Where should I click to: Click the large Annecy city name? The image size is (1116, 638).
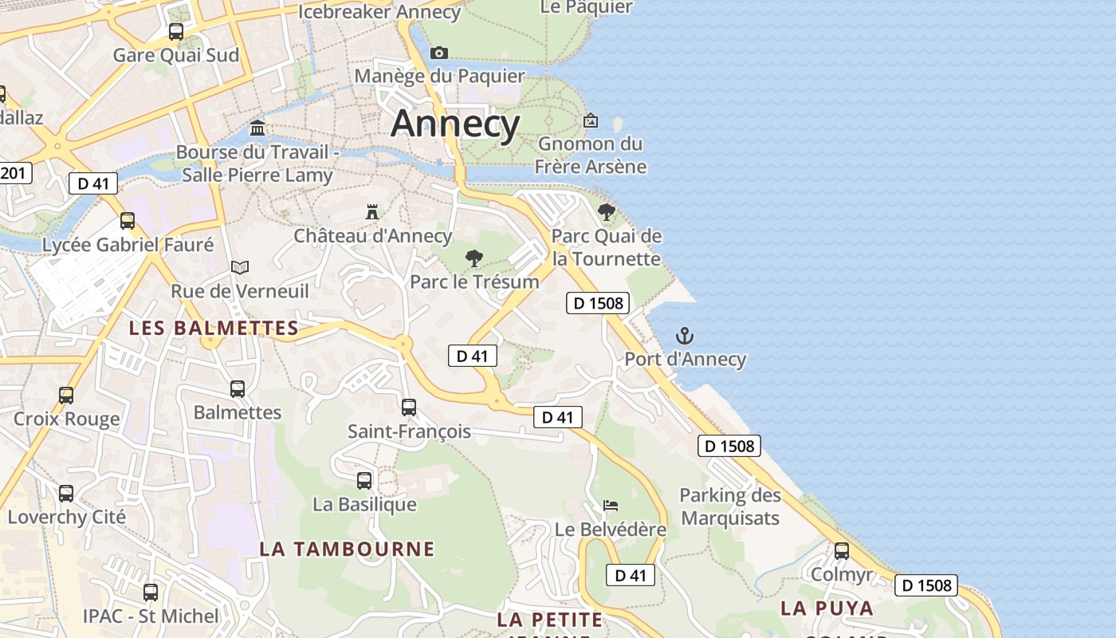(455, 124)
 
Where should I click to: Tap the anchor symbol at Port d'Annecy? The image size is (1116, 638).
(685, 336)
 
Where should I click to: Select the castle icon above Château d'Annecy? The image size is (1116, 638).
(371, 211)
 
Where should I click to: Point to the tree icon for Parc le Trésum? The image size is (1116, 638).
(474, 258)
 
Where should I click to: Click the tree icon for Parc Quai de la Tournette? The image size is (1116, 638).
(607, 212)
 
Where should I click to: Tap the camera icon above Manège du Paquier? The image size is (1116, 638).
(439, 53)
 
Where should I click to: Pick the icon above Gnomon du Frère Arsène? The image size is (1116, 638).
(591, 120)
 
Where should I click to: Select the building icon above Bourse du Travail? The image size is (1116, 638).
(257, 128)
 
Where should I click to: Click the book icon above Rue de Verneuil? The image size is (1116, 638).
(240, 267)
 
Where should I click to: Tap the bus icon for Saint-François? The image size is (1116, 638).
(409, 408)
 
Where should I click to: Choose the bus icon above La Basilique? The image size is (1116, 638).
(364, 481)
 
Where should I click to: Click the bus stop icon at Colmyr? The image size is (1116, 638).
(842, 551)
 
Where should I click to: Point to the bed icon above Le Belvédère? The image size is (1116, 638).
(611, 506)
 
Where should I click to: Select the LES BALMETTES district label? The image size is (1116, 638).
(214, 328)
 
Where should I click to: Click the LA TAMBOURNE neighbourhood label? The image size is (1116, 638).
(347, 549)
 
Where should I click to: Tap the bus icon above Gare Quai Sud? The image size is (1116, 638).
(176, 32)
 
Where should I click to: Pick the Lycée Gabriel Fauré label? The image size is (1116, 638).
(128, 245)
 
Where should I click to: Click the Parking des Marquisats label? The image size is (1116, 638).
(729, 506)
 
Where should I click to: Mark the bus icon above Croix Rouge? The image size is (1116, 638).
(66, 395)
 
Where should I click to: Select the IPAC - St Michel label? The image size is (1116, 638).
(151, 616)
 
